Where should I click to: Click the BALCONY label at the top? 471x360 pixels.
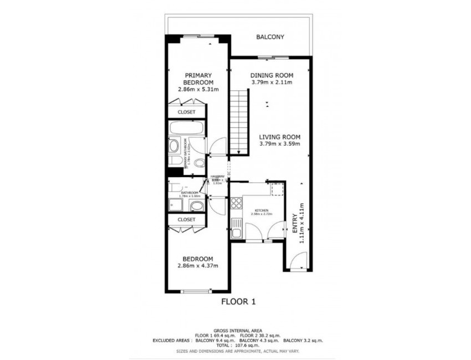tap(270, 37)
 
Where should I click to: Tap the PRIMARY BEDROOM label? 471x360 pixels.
tap(198, 79)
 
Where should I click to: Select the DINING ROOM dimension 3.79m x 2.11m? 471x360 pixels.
tap(271, 83)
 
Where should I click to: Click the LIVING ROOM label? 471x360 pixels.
tap(279, 137)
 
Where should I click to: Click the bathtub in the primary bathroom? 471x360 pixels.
tap(186, 128)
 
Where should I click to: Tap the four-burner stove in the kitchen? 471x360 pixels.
tap(237, 203)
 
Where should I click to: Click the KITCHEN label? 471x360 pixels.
tap(262, 211)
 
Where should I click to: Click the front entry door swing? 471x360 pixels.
tap(298, 260)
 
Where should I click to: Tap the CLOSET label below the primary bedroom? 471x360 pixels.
tap(186, 112)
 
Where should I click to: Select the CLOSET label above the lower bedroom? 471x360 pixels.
tap(186, 219)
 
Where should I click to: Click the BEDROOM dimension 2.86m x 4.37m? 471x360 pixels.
tap(198, 266)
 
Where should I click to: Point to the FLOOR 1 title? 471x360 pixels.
tap(238, 302)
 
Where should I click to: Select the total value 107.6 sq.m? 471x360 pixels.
tap(245, 346)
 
